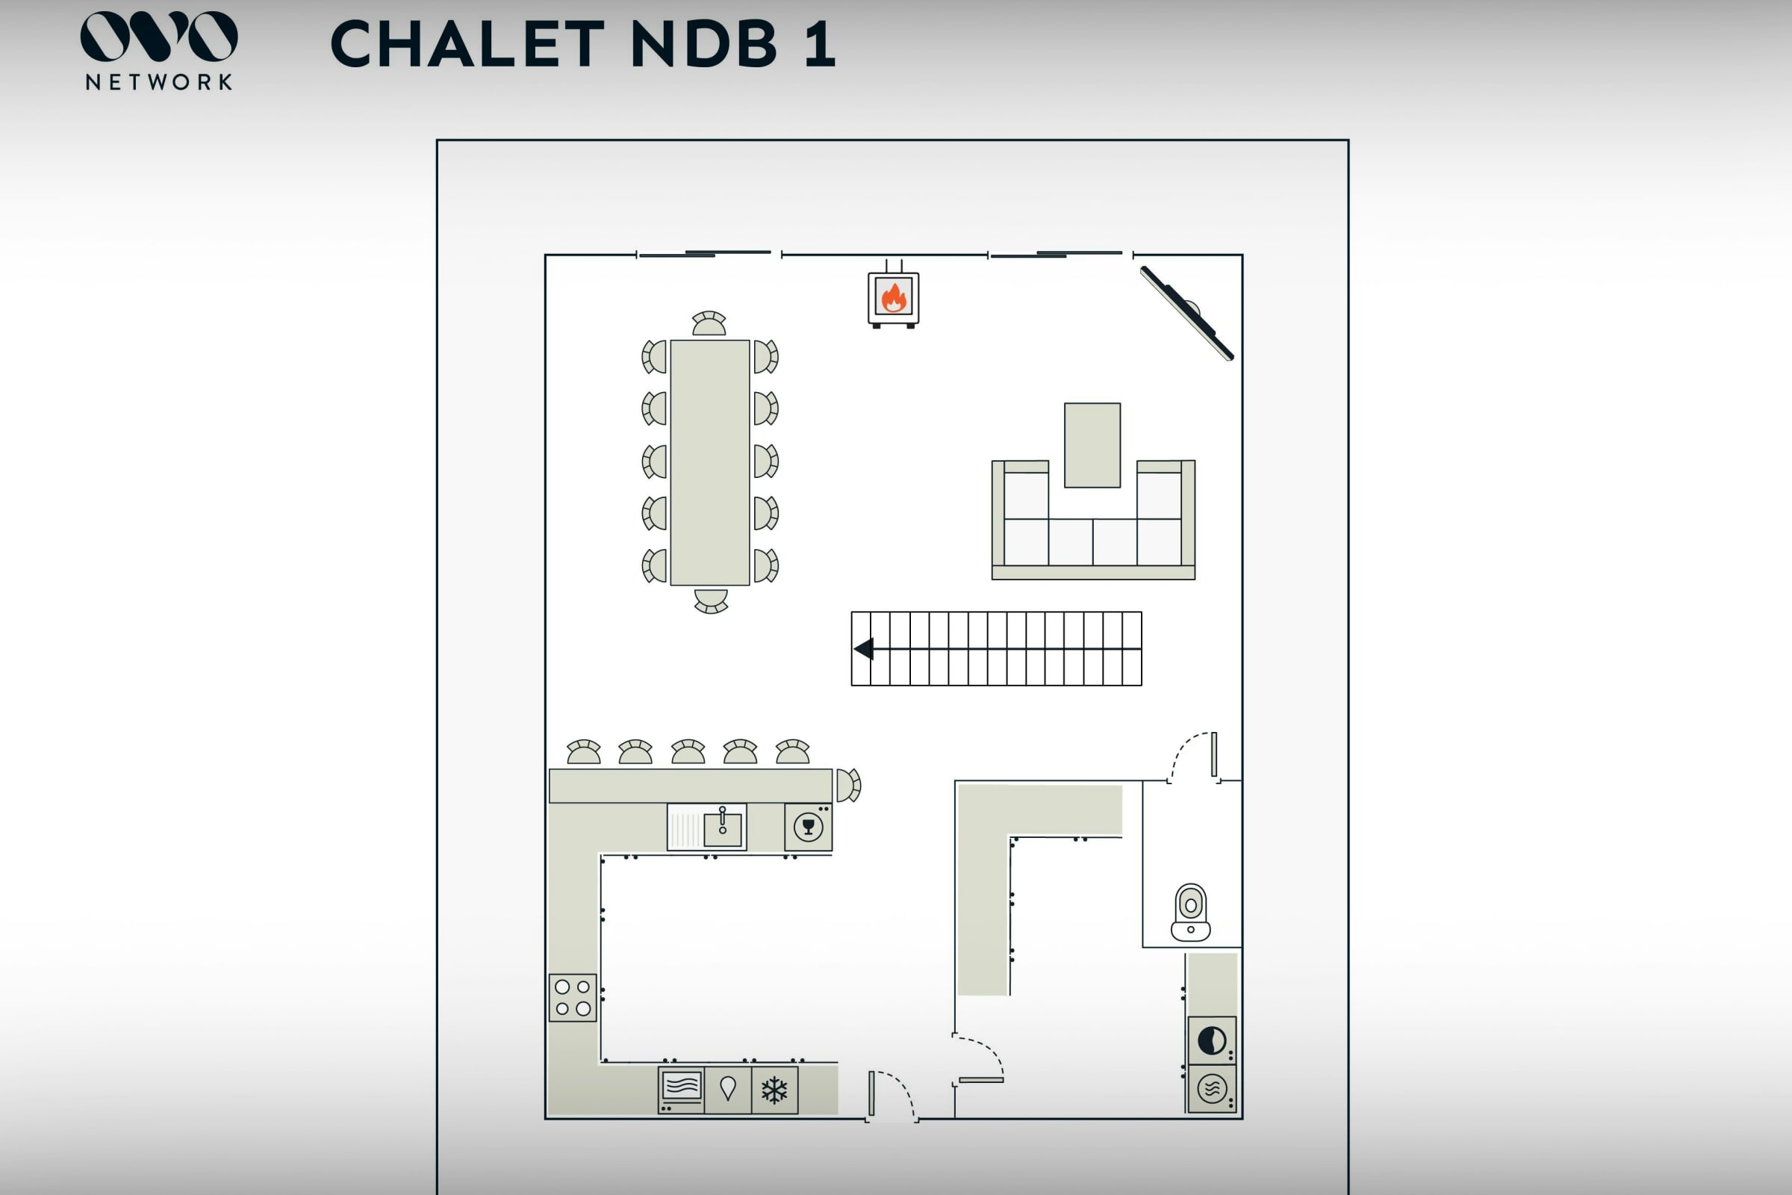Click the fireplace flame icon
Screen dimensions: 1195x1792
(x=894, y=297)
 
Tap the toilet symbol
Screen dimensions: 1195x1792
(x=1191, y=912)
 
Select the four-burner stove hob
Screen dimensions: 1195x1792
(x=573, y=998)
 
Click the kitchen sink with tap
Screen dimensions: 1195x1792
(x=721, y=827)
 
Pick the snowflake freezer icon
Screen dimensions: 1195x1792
(x=774, y=1090)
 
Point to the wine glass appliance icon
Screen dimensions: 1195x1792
(x=809, y=827)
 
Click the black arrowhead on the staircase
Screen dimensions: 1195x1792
(x=864, y=649)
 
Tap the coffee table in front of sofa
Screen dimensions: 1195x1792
(x=1092, y=445)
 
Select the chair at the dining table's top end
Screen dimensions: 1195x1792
(x=709, y=324)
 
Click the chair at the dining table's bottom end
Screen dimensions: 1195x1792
(x=711, y=600)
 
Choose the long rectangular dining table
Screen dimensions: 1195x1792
(x=709, y=462)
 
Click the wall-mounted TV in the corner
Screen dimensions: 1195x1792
(x=1187, y=313)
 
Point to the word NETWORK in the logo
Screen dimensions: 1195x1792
(x=158, y=82)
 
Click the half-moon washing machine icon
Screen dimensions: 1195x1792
(x=1211, y=1040)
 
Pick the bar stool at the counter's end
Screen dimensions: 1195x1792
(x=848, y=785)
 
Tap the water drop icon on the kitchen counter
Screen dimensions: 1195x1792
(x=727, y=1088)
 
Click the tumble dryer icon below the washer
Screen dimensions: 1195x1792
(x=1211, y=1089)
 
